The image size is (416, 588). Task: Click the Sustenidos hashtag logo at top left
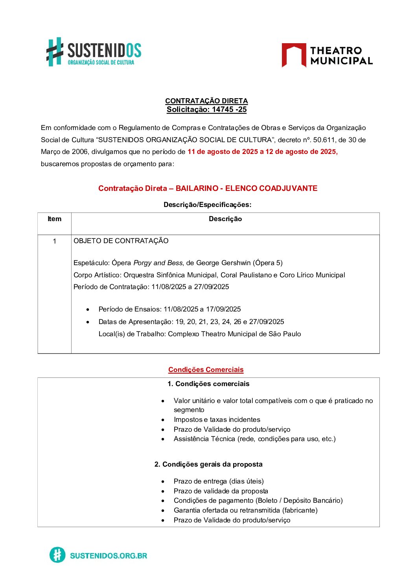point(55,51)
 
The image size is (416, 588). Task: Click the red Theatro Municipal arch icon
point(293,55)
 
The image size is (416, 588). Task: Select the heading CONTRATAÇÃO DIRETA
point(206,101)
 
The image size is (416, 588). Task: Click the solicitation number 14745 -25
point(229,110)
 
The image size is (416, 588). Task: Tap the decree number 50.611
point(324,140)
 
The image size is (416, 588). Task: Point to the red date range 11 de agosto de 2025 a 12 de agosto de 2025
point(262,152)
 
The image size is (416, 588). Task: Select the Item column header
point(54,219)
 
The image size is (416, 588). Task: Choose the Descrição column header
point(225,219)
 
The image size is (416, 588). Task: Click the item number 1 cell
point(54,241)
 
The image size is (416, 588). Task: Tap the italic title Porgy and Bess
point(158,263)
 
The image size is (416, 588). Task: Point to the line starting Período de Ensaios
point(169,309)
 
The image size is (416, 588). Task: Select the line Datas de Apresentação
point(191,322)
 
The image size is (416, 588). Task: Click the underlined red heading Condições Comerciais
point(206,370)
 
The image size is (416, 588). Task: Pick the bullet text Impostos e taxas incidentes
point(217,419)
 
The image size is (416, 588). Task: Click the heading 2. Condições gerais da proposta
point(208,464)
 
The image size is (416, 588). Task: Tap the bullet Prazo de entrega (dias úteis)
point(219,481)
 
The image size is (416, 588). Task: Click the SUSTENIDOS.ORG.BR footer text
point(109,555)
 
